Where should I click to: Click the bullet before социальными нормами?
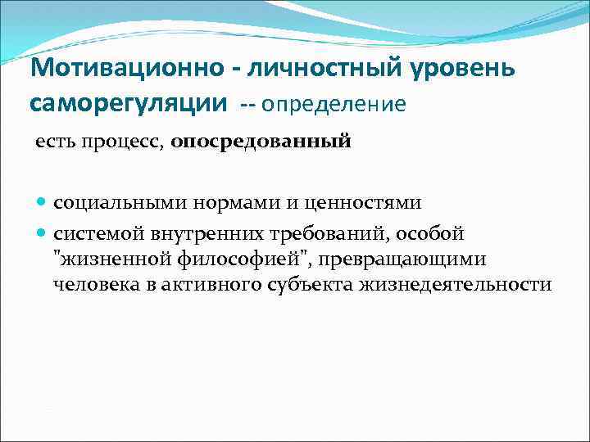click(43, 202)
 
